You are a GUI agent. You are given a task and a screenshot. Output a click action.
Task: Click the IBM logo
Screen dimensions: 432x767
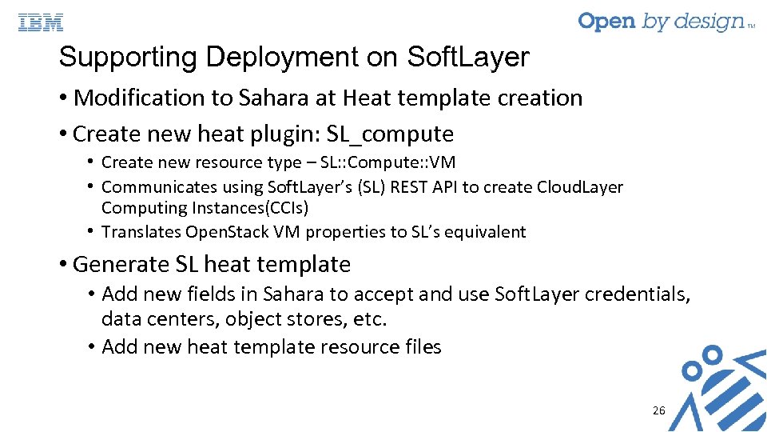pyautogui.click(x=41, y=22)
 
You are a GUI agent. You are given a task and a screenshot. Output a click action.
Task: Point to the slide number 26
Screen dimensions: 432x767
pyautogui.click(x=658, y=410)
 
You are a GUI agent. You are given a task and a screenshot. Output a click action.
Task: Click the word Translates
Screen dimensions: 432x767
pyautogui.click(x=141, y=232)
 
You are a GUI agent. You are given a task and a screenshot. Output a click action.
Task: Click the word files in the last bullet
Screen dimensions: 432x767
pyautogui.click(x=423, y=346)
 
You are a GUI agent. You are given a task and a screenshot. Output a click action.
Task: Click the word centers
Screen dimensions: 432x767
pyautogui.click(x=183, y=319)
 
